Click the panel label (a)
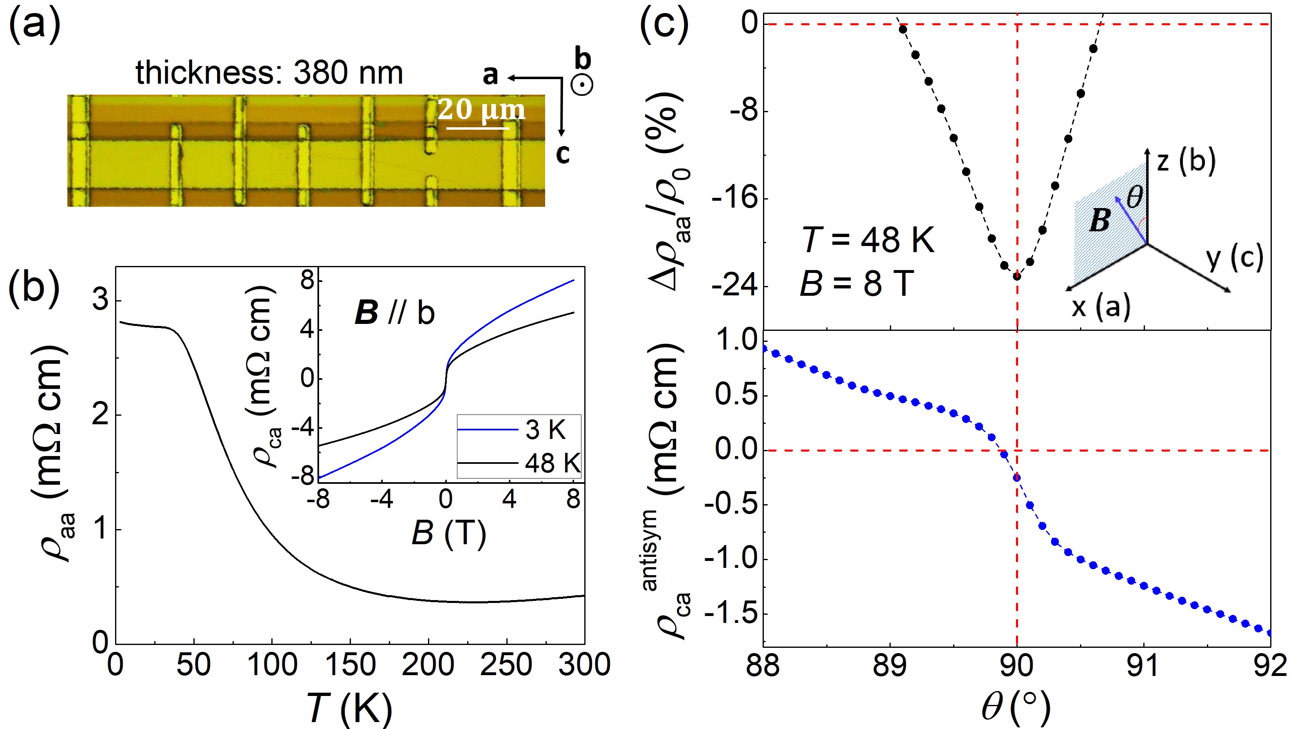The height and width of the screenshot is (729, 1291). [34, 24]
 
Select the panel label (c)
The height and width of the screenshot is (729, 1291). [664, 24]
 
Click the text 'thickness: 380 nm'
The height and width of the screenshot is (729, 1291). [269, 73]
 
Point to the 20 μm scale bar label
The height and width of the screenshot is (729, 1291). [481, 109]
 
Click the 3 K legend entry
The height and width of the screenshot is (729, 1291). [545, 430]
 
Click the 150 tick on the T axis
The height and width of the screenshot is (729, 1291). [350, 665]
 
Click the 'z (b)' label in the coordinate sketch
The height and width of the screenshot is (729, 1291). [1186, 161]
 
